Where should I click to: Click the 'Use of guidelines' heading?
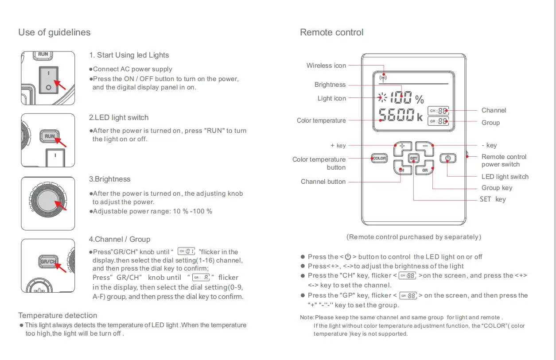pos(54,32)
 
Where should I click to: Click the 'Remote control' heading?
pos(331,32)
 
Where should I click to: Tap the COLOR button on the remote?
pos(379,158)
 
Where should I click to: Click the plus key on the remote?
pos(402,146)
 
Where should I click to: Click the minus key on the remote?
pos(425,146)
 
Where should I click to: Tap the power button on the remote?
pos(447,158)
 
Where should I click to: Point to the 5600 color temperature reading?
pos(397,116)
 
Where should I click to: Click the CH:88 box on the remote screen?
pos(438,111)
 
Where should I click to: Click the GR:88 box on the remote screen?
pos(438,121)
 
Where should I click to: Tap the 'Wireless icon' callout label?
pos(326,66)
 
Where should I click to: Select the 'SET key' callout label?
pos(493,199)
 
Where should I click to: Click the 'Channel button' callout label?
pos(323,182)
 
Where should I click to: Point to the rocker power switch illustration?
pos(48,81)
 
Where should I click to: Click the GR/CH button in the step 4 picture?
pos(48,262)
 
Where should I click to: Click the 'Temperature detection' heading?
pos(58,315)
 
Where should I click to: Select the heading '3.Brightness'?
pos(109,179)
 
